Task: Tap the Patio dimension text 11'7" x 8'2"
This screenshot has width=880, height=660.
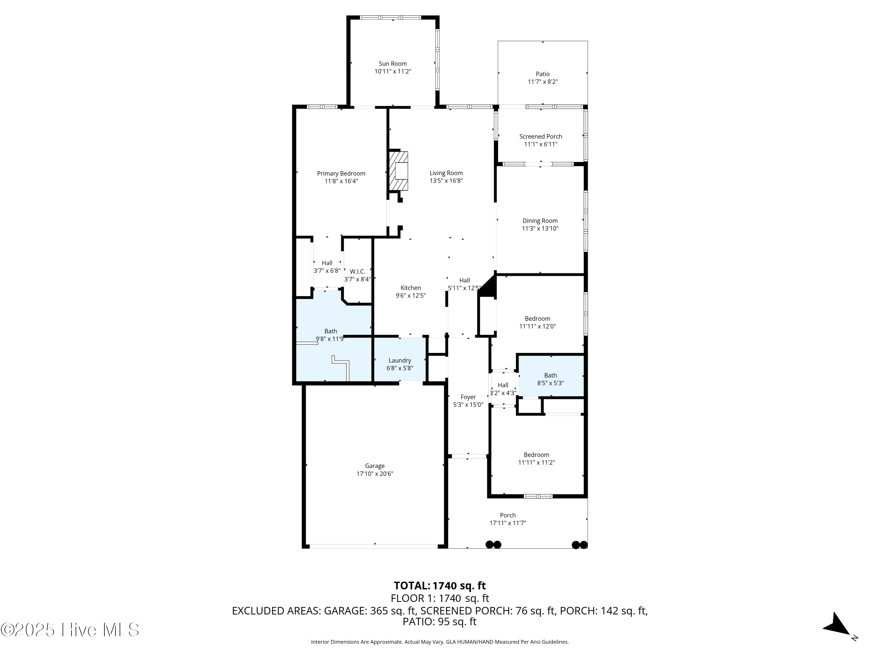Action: tap(542, 82)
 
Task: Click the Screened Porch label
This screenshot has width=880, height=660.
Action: tap(540, 136)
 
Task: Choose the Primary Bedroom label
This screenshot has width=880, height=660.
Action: tap(341, 173)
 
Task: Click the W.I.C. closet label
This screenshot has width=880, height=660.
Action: tap(357, 272)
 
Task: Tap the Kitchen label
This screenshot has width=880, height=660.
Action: tap(411, 288)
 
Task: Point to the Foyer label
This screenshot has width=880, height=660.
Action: tap(468, 397)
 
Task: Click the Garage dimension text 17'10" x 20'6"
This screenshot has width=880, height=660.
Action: tap(375, 474)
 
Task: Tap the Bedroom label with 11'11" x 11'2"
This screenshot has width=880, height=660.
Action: tap(536, 455)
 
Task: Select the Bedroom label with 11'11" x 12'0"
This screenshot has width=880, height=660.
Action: tap(537, 319)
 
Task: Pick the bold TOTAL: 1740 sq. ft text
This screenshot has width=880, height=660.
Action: tap(440, 585)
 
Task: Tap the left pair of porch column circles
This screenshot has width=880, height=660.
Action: tap(493, 545)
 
